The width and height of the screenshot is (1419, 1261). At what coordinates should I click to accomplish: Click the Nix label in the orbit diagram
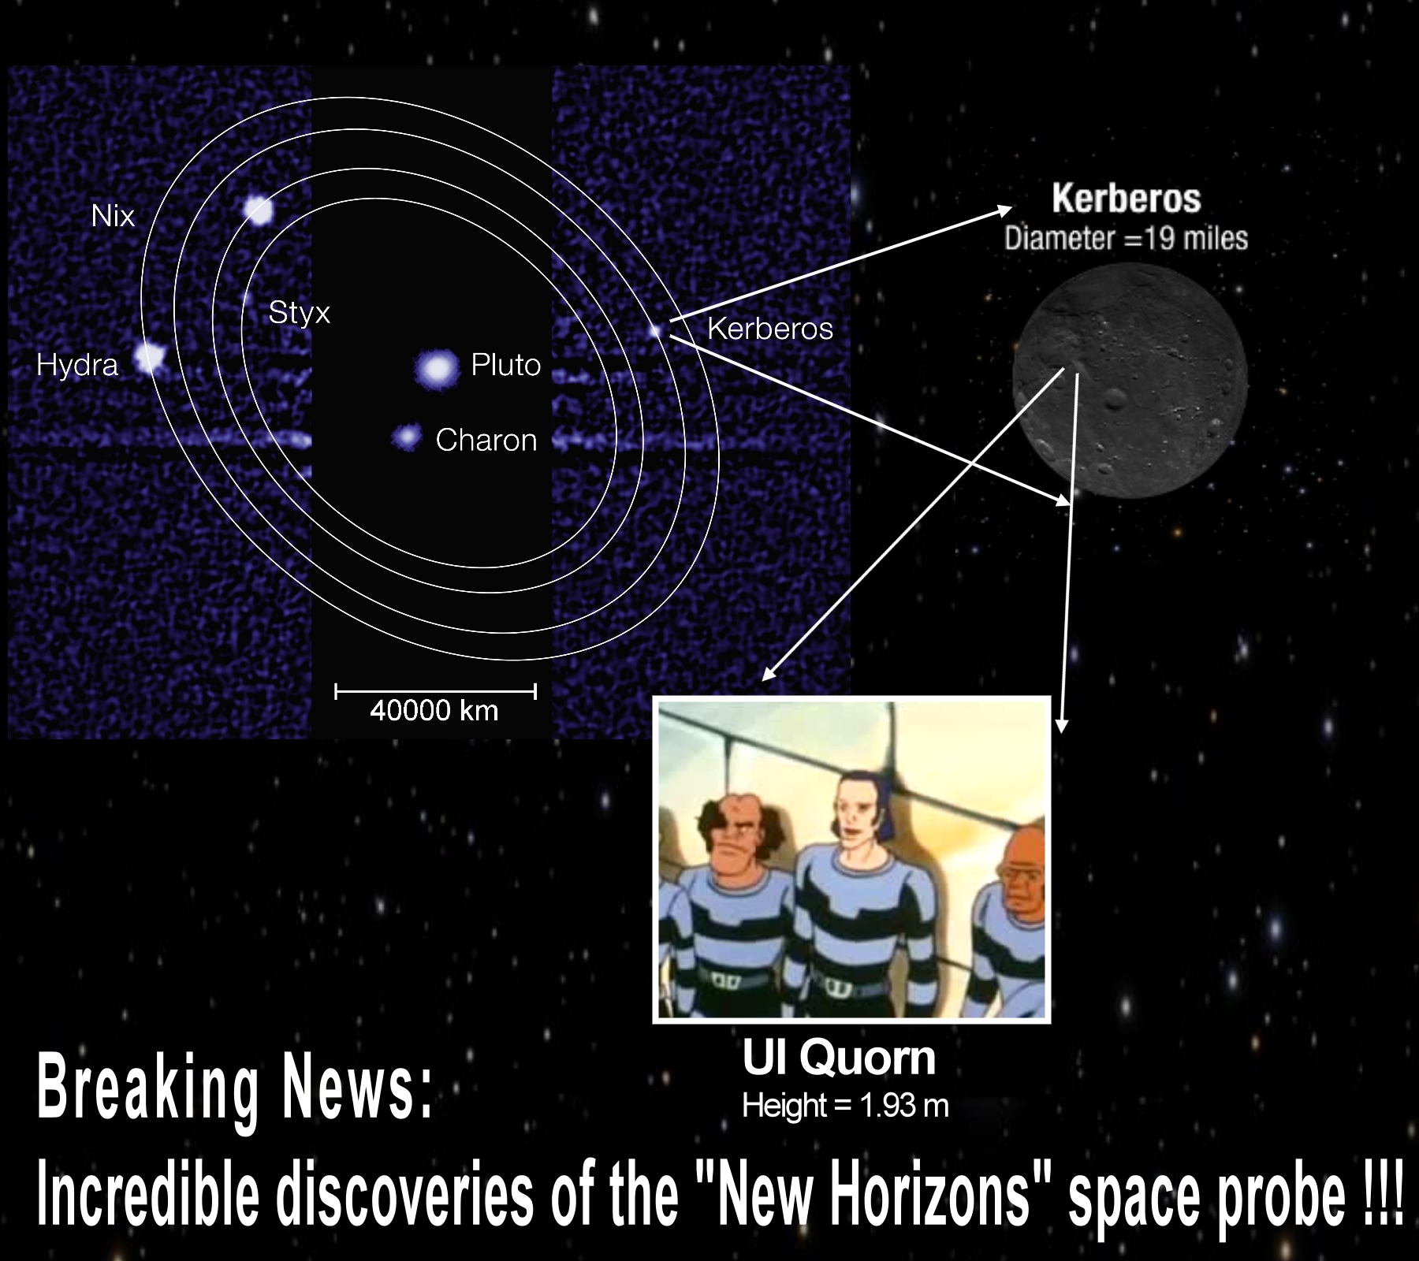pyautogui.click(x=113, y=216)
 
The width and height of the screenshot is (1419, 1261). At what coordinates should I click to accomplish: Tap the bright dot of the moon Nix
pyautogui.click(x=259, y=210)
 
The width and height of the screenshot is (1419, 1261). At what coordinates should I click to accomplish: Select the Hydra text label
pyautogui.click(x=77, y=366)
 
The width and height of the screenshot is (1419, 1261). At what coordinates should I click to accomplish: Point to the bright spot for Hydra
pyautogui.click(x=148, y=357)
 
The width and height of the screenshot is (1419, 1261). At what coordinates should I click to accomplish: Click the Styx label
pyautogui.click(x=299, y=313)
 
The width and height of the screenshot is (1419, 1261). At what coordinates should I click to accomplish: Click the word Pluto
pyautogui.click(x=505, y=365)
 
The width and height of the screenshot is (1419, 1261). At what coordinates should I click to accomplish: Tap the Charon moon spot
pyautogui.click(x=407, y=437)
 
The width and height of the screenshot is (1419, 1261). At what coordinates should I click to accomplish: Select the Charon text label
pyautogui.click(x=486, y=440)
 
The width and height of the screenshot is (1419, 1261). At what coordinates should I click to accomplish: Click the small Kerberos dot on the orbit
pyautogui.click(x=655, y=331)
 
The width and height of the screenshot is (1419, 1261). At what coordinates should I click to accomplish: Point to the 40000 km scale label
pyautogui.click(x=434, y=711)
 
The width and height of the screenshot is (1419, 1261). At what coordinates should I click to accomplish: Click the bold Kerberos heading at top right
pyautogui.click(x=1126, y=199)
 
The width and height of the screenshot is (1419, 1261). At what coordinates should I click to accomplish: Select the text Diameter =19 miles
pyautogui.click(x=1126, y=238)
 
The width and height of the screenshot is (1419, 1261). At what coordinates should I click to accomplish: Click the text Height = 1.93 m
pyautogui.click(x=845, y=1106)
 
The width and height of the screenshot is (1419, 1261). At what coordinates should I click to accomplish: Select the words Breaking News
pyautogui.click(x=234, y=1089)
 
